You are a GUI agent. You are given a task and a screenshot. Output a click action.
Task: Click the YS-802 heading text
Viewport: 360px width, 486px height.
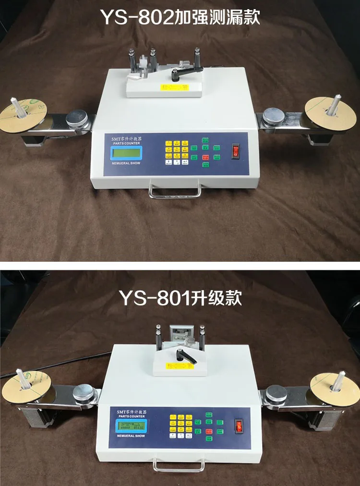[x=180, y=17]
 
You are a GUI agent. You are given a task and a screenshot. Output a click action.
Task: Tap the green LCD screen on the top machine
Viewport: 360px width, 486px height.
[x=126, y=154]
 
